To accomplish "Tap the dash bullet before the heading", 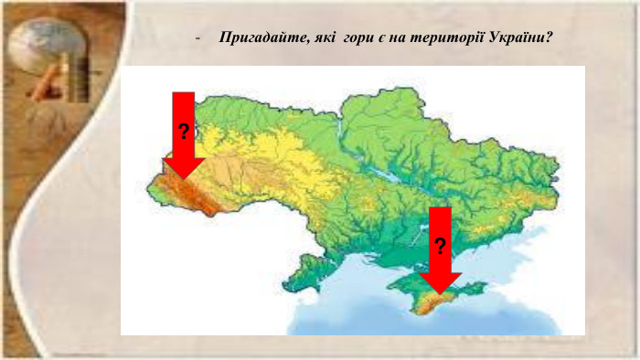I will tap(197, 40).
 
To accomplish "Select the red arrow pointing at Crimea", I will tap(441, 247).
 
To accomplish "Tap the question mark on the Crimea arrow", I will tap(441, 246).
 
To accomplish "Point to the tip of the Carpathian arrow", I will tap(184, 177).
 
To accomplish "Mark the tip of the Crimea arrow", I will tap(441, 292).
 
